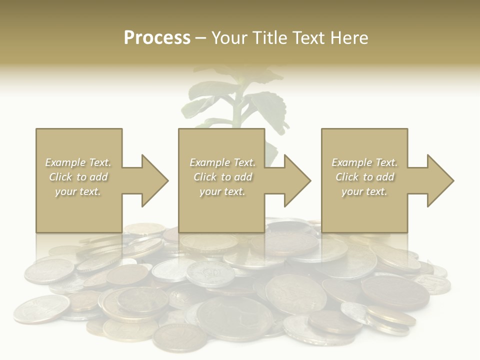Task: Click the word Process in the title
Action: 157,38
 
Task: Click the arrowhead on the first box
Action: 152,180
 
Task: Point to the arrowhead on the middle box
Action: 295,180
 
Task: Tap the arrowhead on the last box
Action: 438,180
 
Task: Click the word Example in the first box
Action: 65,162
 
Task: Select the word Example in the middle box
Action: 209,162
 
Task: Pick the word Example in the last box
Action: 351,162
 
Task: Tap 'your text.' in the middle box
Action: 222,191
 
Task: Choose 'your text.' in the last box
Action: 364,191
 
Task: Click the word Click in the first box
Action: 60,177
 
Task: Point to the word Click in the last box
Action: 347,177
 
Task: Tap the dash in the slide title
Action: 200,38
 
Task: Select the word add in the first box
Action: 98,177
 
